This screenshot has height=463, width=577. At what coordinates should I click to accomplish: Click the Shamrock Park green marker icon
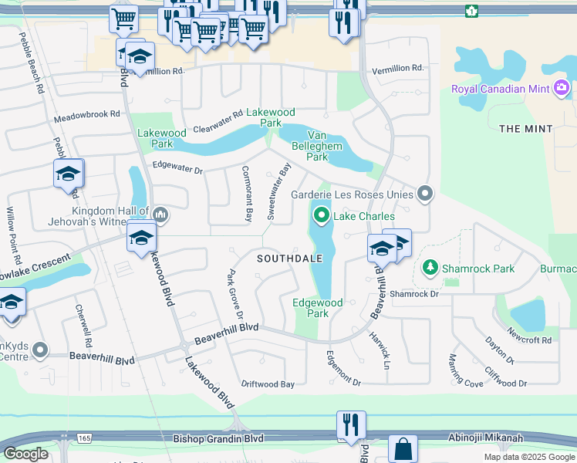pyautogui.click(x=429, y=269)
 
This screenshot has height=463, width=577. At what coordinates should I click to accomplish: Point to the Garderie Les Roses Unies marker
pyautogui.click(x=423, y=194)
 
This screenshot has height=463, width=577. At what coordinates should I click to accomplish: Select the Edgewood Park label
pyautogui.click(x=318, y=308)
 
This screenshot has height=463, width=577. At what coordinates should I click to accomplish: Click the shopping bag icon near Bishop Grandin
pyautogui.click(x=403, y=449)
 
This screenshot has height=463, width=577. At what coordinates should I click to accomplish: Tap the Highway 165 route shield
pyautogui.click(x=84, y=438)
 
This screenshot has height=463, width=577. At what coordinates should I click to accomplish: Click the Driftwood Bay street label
pyautogui.click(x=268, y=384)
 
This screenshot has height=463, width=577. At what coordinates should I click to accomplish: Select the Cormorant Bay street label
pyautogui.click(x=248, y=194)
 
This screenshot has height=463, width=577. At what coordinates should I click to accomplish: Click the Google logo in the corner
pyautogui.click(x=25, y=454)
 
